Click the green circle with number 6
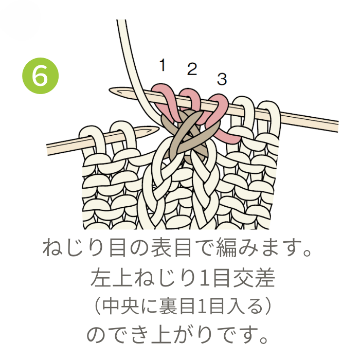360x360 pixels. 40,75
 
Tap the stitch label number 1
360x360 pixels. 163,65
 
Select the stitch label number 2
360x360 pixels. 192,69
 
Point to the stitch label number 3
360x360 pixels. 222,79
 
